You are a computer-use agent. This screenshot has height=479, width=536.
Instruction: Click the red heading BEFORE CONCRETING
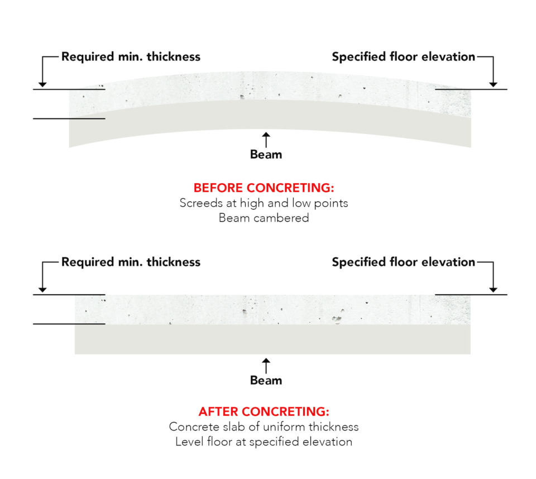[x=264, y=188]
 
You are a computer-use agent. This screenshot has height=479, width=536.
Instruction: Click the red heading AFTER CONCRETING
[x=264, y=412]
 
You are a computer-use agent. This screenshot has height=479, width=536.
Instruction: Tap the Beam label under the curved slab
[x=266, y=155]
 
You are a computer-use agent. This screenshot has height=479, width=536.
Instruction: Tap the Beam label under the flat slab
[x=266, y=381]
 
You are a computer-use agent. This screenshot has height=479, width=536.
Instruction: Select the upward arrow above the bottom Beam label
[x=266, y=366]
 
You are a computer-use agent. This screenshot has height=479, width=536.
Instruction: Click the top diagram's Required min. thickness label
[x=131, y=56]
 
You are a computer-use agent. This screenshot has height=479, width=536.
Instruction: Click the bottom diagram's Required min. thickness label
[x=131, y=262]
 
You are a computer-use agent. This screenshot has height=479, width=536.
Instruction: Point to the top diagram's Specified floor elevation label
[x=403, y=56]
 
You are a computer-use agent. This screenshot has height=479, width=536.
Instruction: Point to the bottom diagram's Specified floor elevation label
[x=403, y=262]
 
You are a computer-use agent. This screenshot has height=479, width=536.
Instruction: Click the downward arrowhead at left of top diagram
[x=42, y=84]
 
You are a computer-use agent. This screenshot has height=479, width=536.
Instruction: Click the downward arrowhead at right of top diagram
[x=492, y=84]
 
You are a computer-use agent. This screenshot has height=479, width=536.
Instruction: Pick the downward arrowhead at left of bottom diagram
[x=42, y=289]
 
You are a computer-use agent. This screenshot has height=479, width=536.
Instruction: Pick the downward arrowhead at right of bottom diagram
[x=492, y=289]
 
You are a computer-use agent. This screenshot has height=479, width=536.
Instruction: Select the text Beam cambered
[x=264, y=218]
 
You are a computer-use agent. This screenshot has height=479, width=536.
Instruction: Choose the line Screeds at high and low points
[x=264, y=203]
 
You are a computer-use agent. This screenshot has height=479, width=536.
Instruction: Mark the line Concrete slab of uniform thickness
[x=264, y=427]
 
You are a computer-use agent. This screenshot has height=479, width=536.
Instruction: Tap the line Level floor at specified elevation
[x=264, y=442]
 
